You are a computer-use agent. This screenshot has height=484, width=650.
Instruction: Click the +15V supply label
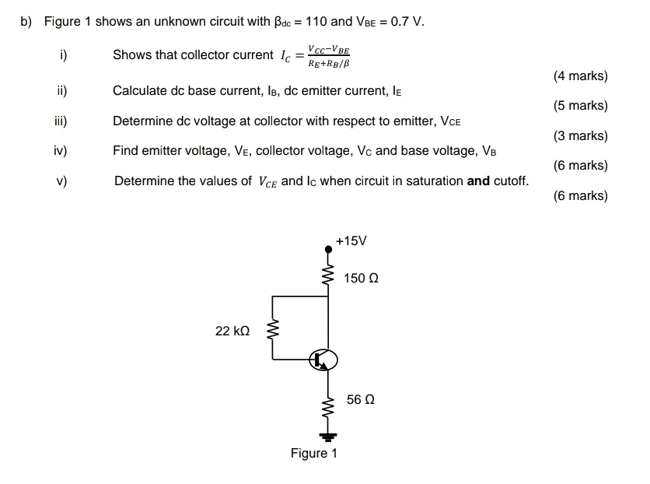(351, 241)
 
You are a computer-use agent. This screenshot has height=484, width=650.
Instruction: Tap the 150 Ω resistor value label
(361, 279)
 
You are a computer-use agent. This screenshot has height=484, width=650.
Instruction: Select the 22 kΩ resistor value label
(232, 331)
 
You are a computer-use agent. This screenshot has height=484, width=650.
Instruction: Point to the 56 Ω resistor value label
(361, 399)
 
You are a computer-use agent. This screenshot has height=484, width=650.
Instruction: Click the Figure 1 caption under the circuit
(313, 454)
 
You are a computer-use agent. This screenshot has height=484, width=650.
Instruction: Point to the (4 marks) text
(580, 76)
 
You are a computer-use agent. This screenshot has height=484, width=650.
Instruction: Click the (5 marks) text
(580, 106)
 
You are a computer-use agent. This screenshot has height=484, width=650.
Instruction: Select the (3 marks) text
(580, 136)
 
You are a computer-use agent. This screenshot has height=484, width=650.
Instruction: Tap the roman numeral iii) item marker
(61, 121)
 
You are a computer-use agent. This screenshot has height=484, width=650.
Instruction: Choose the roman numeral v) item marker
(61, 181)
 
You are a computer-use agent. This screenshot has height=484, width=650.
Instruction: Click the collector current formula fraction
(328, 55)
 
